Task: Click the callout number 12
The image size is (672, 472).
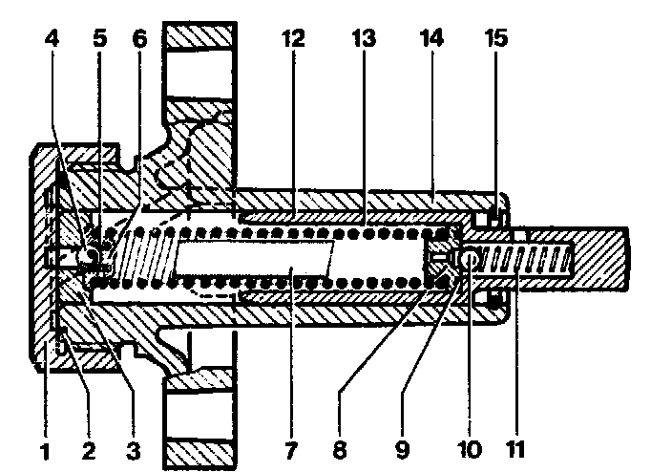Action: click(x=293, y=41)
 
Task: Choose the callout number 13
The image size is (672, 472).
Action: click(x=365, y=41)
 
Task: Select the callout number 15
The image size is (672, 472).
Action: click(x=496, y=41)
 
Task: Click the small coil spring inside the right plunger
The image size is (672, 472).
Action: click(x=525, y=258)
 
